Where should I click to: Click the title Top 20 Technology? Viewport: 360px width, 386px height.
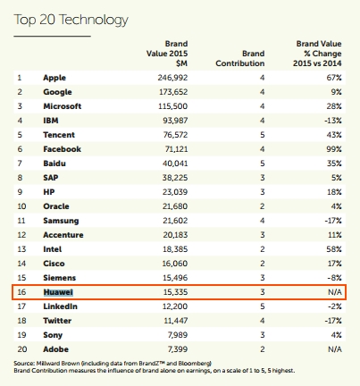click(x=71, y=21)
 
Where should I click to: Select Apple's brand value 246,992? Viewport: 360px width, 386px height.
click(x=172, y=78)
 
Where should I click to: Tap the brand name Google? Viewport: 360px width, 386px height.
click(x=57, y=92)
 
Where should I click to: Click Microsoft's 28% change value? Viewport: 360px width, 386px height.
click(x=334, y=106)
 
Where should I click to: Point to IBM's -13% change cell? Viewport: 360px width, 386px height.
click(x=333, y=121)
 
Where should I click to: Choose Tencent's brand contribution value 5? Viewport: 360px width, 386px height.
click(x=262, y=135)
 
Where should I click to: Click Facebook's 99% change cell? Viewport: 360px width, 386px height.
click(x=334, y=149)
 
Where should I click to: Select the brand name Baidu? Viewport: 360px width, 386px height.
click(x=54, y=164)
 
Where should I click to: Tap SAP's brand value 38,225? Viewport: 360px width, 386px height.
click(x=175, y=178)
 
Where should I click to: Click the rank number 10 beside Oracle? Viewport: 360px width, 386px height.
click(x=21, y=206)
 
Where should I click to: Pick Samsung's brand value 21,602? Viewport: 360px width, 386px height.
click(x=175, y=221)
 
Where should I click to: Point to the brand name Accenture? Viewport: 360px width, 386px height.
click(x=63, y=235)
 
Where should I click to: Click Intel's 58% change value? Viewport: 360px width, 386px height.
click(x=334, y=249)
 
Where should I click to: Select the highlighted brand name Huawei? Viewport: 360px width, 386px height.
click(x=58, y=292)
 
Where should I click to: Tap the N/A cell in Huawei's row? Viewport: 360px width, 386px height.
click(x=335, y=292)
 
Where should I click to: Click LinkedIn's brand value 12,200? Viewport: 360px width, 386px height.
click(x=175, y=306)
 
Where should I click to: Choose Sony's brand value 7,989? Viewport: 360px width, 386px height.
click(x=178, y=335)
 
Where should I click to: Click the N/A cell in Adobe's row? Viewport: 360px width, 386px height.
click(x=335, y=349)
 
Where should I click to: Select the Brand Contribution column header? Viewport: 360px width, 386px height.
click(x=240, y=58)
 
